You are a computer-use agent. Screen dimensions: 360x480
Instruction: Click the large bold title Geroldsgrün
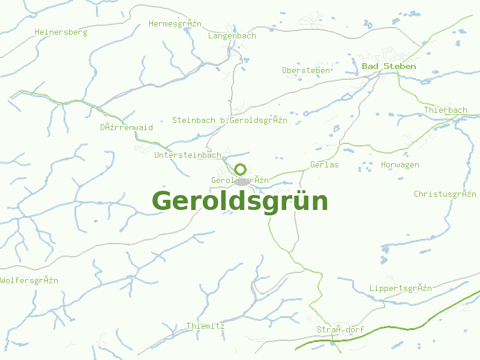click(240, 202)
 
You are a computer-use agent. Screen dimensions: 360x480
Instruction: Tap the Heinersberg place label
click(61, 32)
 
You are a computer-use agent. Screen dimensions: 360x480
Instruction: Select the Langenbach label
click(232, 35)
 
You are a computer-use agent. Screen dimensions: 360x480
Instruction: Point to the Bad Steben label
click(389, 66)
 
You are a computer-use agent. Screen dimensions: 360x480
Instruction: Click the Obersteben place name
click(306, 70)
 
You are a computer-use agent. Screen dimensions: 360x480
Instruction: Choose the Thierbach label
click(445, 110)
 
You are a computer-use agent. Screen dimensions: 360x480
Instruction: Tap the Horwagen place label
click(400, 164)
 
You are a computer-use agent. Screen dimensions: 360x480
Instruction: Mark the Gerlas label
click(325, 164)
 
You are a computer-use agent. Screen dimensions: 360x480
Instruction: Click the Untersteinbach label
click(188, 155)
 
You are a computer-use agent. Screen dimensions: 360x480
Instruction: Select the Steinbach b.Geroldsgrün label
click(230, 120)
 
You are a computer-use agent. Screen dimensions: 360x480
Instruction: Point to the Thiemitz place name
click(205, 326)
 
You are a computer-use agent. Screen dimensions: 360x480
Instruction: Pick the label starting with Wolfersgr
click(29, 280)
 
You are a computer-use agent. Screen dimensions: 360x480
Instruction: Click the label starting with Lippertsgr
click(401, 288)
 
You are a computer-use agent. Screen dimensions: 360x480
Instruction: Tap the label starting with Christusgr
click(445, 194)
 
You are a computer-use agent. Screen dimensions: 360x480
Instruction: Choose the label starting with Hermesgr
click(175, 24)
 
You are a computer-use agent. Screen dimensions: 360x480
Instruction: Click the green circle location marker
click(241, 169)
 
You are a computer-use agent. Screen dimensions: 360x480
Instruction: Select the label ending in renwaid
click(127, 127)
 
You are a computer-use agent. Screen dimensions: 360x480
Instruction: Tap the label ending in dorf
click(340, 329)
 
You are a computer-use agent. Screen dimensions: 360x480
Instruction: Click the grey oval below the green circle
click(241, 181)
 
